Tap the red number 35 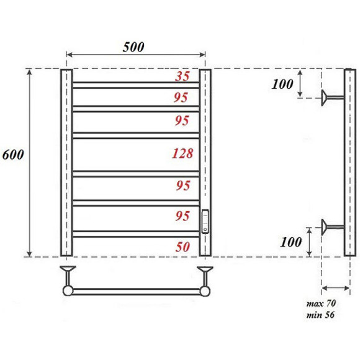pos(182,77)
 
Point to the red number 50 pos(183,246)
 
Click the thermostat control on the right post pos(206,221)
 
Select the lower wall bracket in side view pos(330,227)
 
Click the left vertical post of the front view pos(67,163)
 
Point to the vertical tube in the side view pos(349,163)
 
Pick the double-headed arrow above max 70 pos(335,288)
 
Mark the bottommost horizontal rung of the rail pos(137,234)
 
